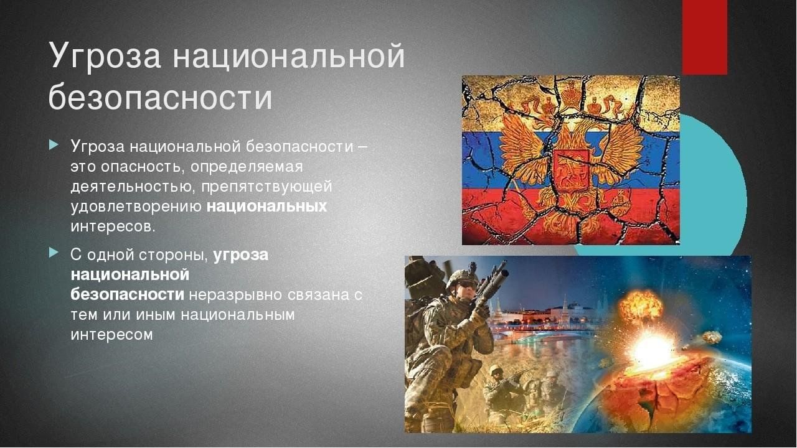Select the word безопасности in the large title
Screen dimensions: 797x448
(x=161, y=96)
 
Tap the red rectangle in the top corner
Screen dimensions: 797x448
(x=704, y=37)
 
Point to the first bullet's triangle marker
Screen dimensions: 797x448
(x=54, y=144)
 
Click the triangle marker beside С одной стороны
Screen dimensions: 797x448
(x=54, y=253)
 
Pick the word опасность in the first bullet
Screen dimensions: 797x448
(x=141, y=167)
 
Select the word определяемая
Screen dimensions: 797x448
(x=247, y=167)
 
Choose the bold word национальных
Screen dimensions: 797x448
(x=266, y=207)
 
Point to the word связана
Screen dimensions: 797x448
(x=318, y=295)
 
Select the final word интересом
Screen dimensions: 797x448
(x=111, y=335)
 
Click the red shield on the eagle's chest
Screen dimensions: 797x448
(x=572, y=170)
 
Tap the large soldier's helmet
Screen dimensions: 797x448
(x=461, y=278)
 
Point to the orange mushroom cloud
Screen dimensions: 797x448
(x=641, y=305)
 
